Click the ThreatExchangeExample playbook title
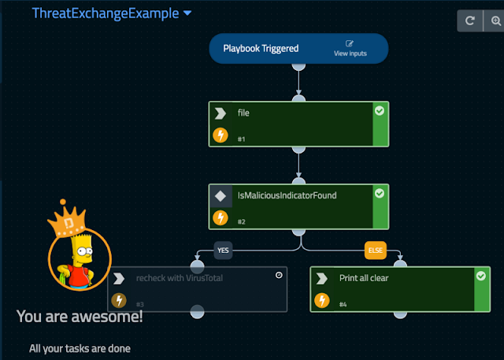(105, 13)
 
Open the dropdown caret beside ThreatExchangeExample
(187, 13)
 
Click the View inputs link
(350, 49)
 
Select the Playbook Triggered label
(261, 49)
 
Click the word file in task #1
(243, 113)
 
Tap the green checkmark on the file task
(380, 112)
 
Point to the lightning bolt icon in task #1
(221, 135)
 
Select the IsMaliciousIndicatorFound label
(287, 195)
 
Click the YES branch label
(224, 251)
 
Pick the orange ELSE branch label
(375, 251)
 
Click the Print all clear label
(363, 278)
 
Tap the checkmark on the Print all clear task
(481, 276)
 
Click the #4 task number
(343, 304)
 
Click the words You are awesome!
(80, 317)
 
